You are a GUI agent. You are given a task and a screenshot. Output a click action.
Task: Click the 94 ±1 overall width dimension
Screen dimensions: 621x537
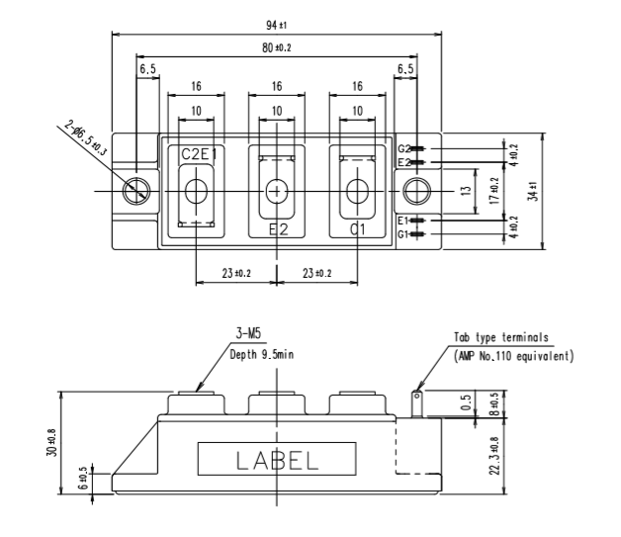[276, 26]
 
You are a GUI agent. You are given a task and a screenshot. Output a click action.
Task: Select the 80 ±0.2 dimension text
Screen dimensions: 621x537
[277, 47]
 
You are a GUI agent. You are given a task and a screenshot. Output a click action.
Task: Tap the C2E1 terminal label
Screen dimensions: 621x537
[199, 154]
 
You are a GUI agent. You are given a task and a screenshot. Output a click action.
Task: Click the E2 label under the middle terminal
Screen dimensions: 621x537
[279, 229]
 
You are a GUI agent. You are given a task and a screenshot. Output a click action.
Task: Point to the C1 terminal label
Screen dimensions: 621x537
[358, 229]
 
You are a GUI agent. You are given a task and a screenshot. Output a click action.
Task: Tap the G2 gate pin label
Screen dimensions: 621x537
[404, 149]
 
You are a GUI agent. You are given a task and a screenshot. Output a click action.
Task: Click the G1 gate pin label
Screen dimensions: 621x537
[402, 234]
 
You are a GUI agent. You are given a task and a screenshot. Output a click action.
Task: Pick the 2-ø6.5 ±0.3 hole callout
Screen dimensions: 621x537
[86, 137]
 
